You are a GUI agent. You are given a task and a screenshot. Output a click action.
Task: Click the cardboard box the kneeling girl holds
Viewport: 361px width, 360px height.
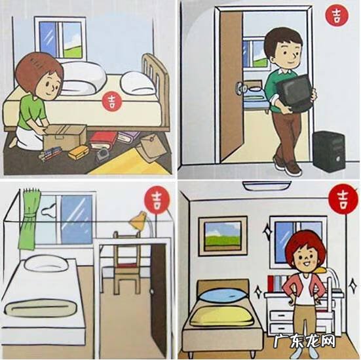click(x=66, y=138)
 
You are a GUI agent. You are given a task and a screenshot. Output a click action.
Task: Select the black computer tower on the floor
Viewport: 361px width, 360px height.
click(x=330, y=151)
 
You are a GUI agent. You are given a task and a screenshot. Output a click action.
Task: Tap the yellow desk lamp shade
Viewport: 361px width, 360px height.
click(x=138, y=220)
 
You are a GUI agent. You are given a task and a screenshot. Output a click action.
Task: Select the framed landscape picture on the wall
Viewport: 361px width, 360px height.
click(x=223, y=236)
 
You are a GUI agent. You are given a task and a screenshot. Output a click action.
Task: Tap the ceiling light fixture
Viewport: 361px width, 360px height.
click(x=267, y=186)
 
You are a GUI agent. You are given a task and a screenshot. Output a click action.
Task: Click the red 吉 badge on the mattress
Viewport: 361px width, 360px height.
click(x=112, y=102)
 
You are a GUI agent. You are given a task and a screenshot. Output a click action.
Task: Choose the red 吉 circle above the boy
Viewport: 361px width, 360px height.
click(x=337, y=15)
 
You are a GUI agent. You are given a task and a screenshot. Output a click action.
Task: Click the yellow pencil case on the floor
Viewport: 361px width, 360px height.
click(x=79, y=152)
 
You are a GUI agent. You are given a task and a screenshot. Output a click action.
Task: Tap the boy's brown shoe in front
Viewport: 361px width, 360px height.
click(x=293, y=169)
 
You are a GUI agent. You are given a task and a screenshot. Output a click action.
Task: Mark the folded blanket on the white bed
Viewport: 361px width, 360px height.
click(x=40, y=308)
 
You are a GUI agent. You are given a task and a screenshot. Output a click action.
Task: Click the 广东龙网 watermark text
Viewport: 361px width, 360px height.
click(x=305, y=341)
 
